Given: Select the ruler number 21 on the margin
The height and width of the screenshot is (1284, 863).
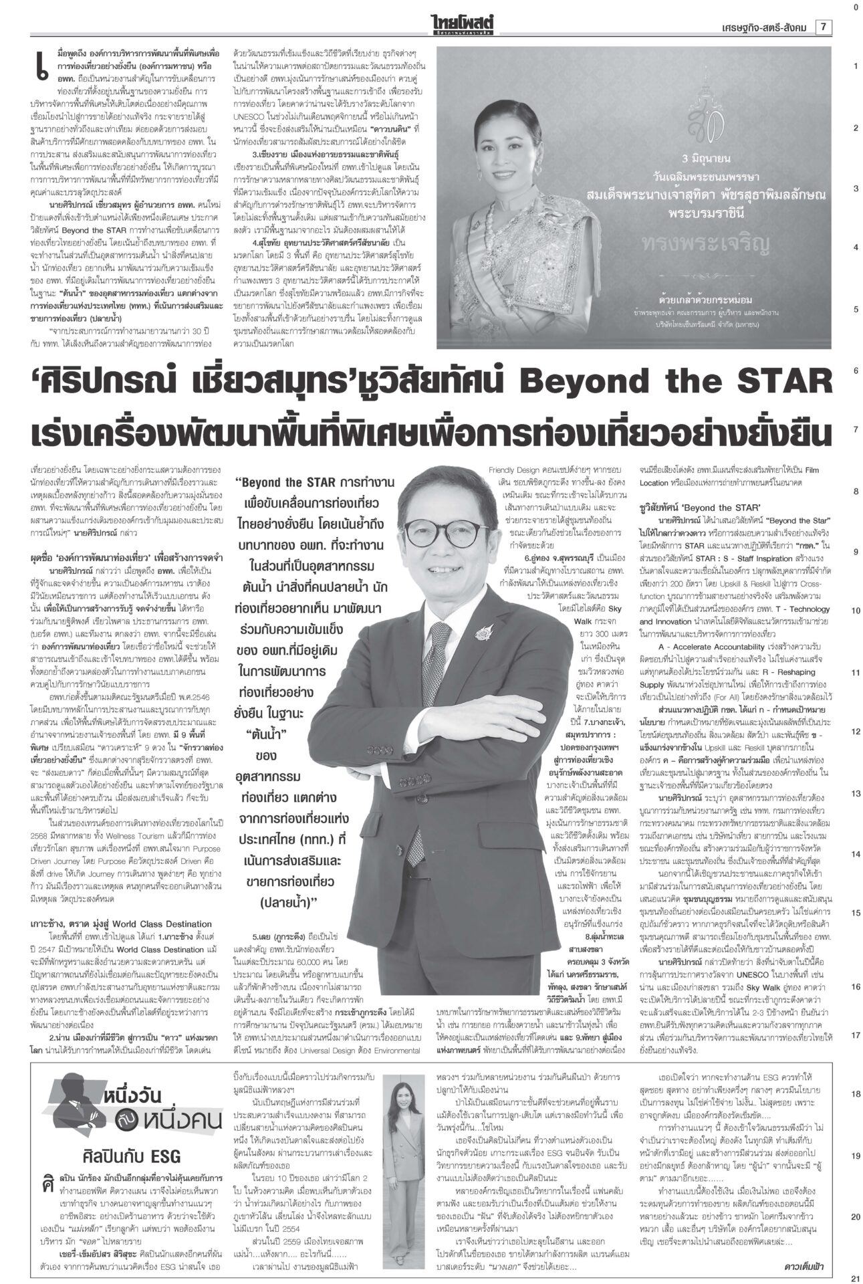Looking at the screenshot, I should tap(854, 1278).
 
